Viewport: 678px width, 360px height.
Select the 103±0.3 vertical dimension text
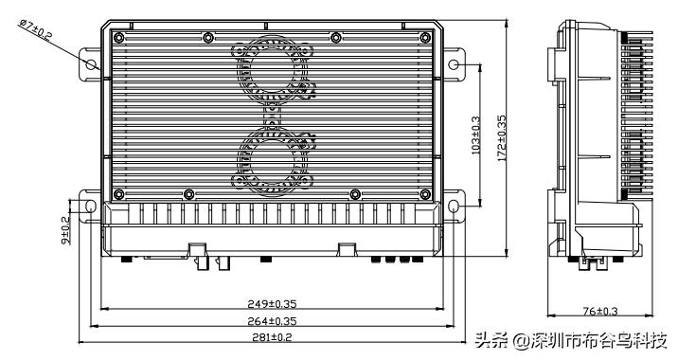476,135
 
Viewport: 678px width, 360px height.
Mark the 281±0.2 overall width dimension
271,337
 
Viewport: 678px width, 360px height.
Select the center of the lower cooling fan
272,154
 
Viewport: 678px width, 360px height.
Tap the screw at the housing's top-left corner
117,37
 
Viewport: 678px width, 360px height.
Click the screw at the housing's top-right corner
427,37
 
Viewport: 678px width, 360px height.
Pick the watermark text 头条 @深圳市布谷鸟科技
571,341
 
